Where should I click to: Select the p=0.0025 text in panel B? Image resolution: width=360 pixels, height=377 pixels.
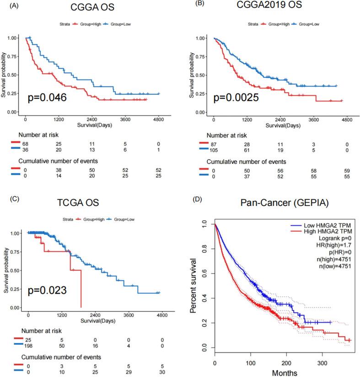click(236, 97)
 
